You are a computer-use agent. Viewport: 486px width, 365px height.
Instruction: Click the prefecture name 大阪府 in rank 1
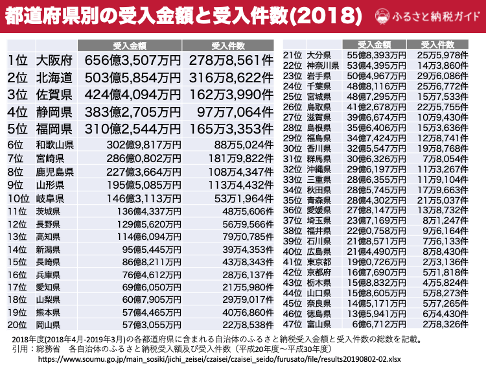click(x=54, y=60)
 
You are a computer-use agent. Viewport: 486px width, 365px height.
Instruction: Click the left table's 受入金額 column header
click(x=130, y=45)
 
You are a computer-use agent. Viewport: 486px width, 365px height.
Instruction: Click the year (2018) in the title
click(x=324, y=15)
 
